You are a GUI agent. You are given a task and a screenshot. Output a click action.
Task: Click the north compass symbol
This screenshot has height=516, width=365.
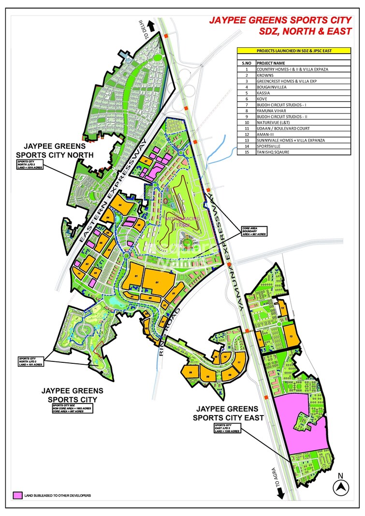coord(342,487)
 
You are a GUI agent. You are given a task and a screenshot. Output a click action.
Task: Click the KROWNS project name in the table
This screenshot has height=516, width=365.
coord(266,75)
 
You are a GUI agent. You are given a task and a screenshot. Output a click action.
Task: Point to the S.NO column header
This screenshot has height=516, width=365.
coord(247,63)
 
